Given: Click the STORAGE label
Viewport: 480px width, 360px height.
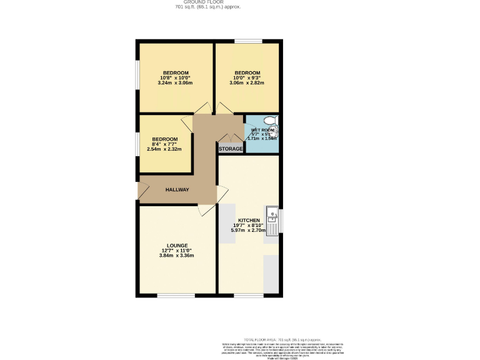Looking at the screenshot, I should (x=231, y=149).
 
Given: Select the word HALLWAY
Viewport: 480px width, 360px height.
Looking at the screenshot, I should (x=177, y=189).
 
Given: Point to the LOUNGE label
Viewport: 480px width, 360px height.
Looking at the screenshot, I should (x=177, y=246).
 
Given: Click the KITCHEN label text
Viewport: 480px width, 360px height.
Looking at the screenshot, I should (x=249, y=221).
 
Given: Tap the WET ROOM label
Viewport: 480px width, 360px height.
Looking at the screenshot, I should (x=262, y=130).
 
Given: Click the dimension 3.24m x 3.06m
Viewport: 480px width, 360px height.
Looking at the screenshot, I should (x=175, y=82).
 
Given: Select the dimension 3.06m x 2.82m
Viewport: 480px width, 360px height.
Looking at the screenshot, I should (x=247, y=82).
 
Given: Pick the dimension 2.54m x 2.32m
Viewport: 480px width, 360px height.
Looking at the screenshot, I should (x=164, y=149).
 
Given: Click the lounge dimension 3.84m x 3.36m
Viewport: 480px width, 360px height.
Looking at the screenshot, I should (x=177, y=255).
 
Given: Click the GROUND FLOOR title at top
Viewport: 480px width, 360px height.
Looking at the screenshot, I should (x=207, y=2).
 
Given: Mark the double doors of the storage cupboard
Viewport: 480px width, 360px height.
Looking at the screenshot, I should (x=231, y=137).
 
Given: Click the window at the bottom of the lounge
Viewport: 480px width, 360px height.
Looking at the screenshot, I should (x=176, y=295).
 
